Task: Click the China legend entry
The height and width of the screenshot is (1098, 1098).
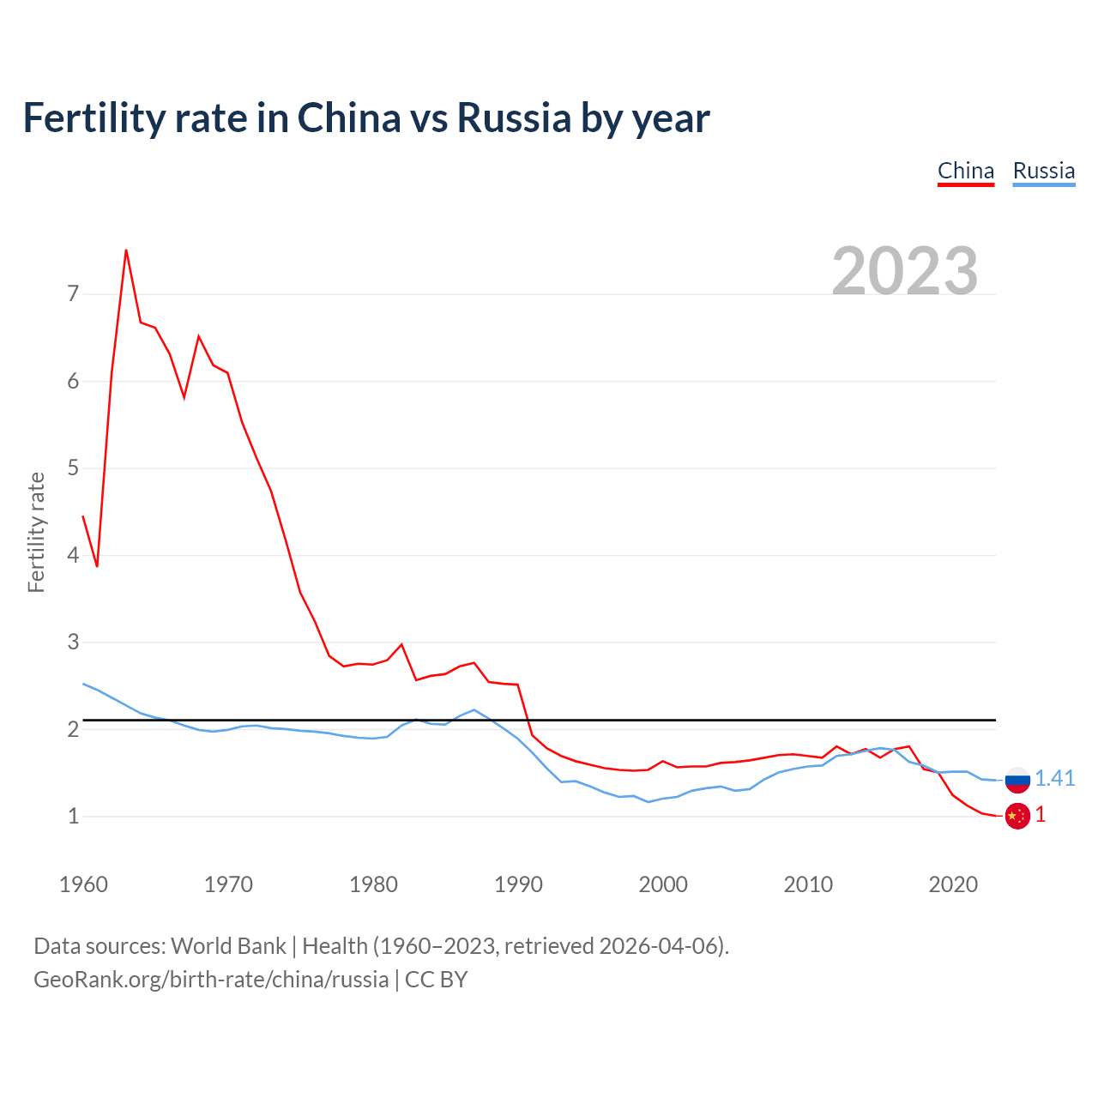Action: pos(965,171)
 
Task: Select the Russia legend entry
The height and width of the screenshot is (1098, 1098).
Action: pos(1043,171)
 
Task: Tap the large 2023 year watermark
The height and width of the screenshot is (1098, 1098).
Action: pos(905,271)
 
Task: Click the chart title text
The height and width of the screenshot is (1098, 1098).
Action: pos(366,118)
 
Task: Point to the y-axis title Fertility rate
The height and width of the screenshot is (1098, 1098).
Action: pos(36,532)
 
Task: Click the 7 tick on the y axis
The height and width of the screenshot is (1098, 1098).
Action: pos(73,294)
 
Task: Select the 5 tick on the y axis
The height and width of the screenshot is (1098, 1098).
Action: pos(73,468)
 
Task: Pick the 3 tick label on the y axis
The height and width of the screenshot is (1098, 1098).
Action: pos(73,643)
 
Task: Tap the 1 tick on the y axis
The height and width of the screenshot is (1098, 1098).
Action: pos(73,817)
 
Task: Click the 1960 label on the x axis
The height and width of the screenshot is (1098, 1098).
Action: pos(83,884)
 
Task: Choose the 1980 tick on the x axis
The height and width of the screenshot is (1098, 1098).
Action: pos(373,884)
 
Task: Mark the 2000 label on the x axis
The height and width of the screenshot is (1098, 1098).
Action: pos(663,884)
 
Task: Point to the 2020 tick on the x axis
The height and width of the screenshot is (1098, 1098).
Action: pos(953,884)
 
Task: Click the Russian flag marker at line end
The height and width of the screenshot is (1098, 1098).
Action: pos(1017,780)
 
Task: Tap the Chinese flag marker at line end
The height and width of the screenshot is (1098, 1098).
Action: pos(1017,817)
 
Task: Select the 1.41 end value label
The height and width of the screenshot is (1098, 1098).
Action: pos(1054,778)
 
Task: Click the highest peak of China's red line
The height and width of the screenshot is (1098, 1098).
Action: pos(126,250)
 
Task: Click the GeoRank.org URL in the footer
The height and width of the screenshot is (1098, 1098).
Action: pos(211,980)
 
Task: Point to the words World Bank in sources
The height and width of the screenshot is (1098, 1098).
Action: pos(228,946)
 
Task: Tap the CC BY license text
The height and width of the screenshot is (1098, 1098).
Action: pos(436,980)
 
